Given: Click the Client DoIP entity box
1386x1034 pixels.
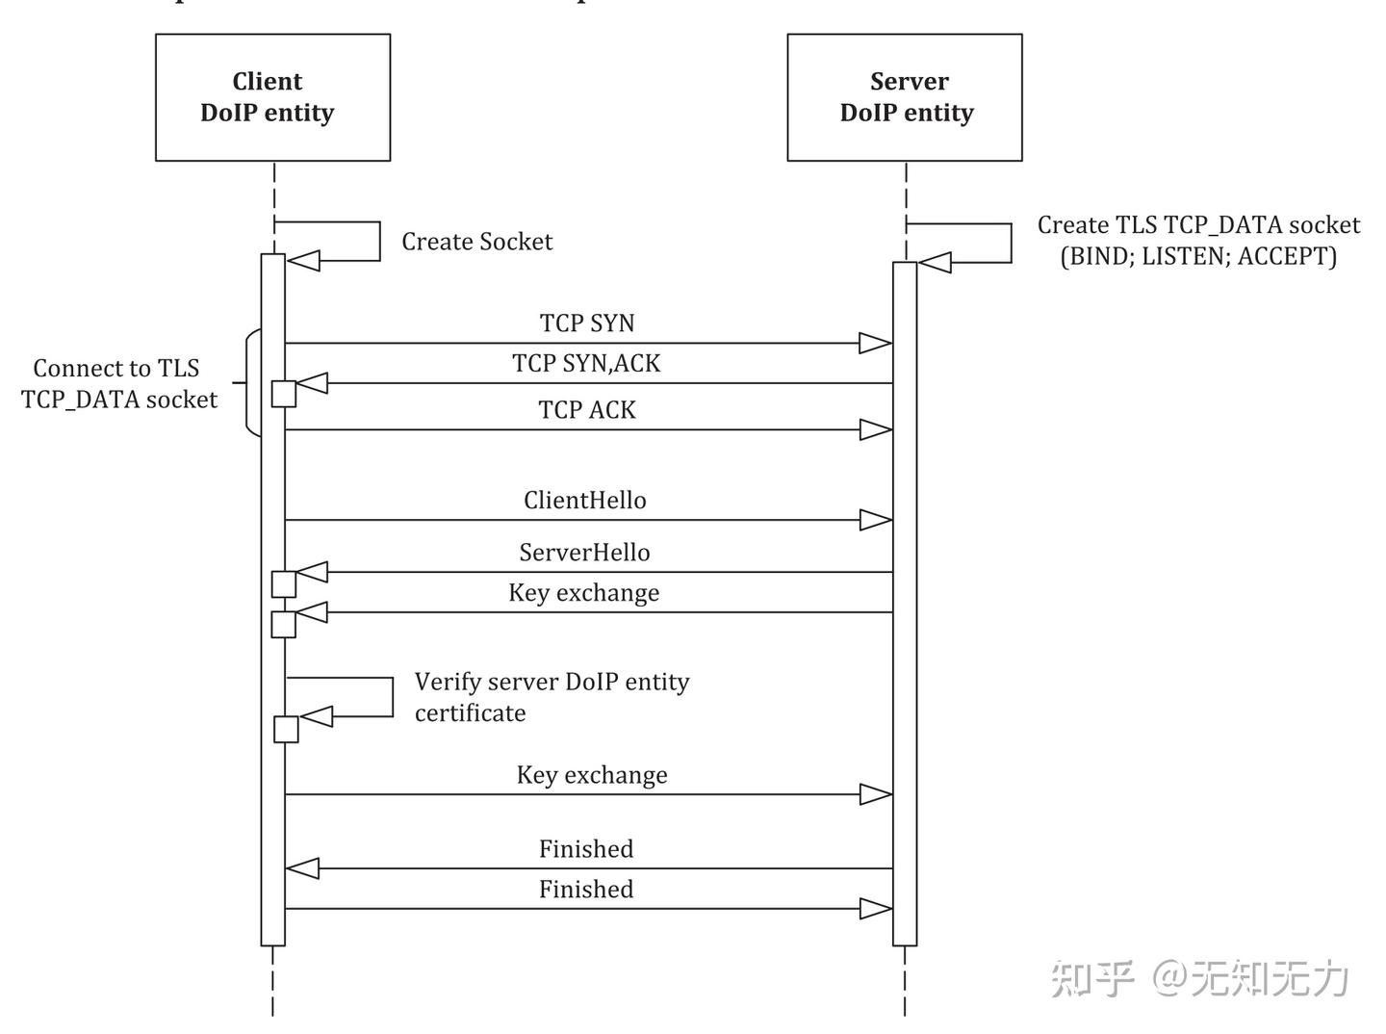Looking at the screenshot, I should [x=272, y=97].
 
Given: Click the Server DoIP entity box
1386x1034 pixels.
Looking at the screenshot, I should [x=904, y=97].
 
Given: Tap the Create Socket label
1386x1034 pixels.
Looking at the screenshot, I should [x=476, y=242].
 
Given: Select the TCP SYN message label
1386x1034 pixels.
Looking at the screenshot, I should [x=587, y=323].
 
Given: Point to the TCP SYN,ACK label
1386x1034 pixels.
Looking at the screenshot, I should [x=586, y=363].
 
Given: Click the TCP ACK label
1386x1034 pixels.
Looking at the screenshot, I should [x=587, y=410].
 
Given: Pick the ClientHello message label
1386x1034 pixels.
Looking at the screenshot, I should [x=584, y=501].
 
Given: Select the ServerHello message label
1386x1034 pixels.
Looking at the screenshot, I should [x=584, y=553].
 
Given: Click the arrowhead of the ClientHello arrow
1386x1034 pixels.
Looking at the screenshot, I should [x=875, y=520].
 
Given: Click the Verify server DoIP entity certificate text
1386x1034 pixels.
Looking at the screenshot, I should [x=552, y=697].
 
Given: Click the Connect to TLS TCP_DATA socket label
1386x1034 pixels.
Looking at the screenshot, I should [x=118, y=383].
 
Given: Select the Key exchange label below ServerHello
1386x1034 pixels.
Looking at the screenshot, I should [x=583, y=593].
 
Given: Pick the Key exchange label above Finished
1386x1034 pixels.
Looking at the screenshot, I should [x=591, y=775].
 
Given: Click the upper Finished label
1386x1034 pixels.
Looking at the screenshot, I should [x=585, y=849].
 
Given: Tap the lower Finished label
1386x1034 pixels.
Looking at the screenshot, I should [x=585, y=890].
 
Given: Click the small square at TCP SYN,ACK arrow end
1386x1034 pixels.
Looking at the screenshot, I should [x=284, y=393].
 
